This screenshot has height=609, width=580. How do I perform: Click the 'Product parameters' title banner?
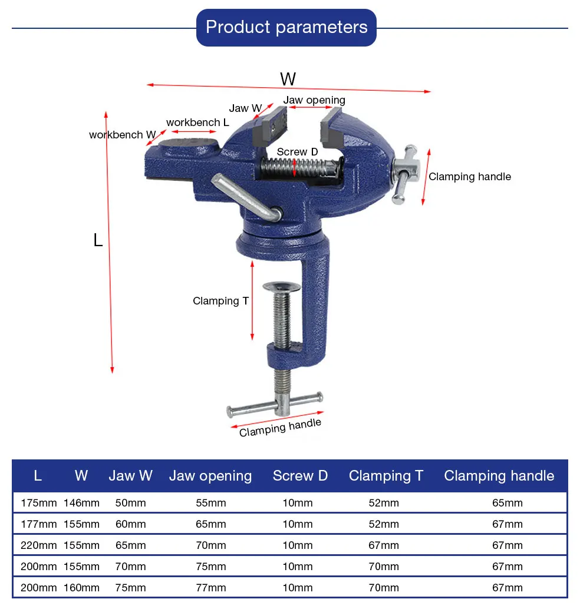click(286, 27)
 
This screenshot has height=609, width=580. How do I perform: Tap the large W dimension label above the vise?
click(288, 79)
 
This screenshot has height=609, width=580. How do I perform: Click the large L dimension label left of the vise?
click(98, 240)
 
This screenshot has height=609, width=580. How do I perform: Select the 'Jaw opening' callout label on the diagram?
click(314, 100)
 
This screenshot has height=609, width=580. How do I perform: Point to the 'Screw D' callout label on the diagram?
click(297, 152)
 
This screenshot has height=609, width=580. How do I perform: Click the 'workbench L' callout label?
click(197, 123)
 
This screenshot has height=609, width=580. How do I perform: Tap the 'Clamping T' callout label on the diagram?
click(220, 301)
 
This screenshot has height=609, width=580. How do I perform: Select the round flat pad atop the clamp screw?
click(282, 287)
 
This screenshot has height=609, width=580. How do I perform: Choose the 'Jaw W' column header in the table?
click(130, 476)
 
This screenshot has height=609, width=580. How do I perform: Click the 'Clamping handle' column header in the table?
click(499, 476)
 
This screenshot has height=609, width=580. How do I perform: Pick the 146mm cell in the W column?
click(81, 503)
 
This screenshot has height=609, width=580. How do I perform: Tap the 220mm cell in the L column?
click(38, 545)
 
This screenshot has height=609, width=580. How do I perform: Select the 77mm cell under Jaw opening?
click(210, 588)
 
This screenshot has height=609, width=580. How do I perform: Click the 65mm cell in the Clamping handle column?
click(507, 503)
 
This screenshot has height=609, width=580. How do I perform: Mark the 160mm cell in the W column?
click(81, 588)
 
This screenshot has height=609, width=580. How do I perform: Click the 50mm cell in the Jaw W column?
click(130, 503)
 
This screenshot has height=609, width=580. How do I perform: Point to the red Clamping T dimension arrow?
click(252, 301)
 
